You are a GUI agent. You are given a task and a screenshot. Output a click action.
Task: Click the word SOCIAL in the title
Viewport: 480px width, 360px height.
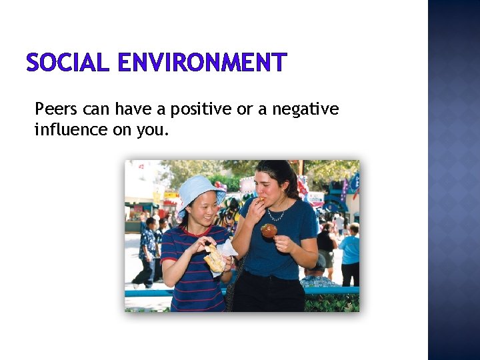67,63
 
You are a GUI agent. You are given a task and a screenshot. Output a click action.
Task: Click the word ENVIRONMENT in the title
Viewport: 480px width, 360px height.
201,63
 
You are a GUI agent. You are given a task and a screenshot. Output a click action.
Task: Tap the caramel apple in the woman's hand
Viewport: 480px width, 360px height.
269,231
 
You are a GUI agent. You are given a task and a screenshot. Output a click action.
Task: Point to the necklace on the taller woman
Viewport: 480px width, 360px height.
275,215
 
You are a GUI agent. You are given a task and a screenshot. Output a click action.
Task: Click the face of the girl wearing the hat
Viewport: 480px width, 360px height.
201,210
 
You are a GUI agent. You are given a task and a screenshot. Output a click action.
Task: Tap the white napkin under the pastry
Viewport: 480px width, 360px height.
227,249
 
